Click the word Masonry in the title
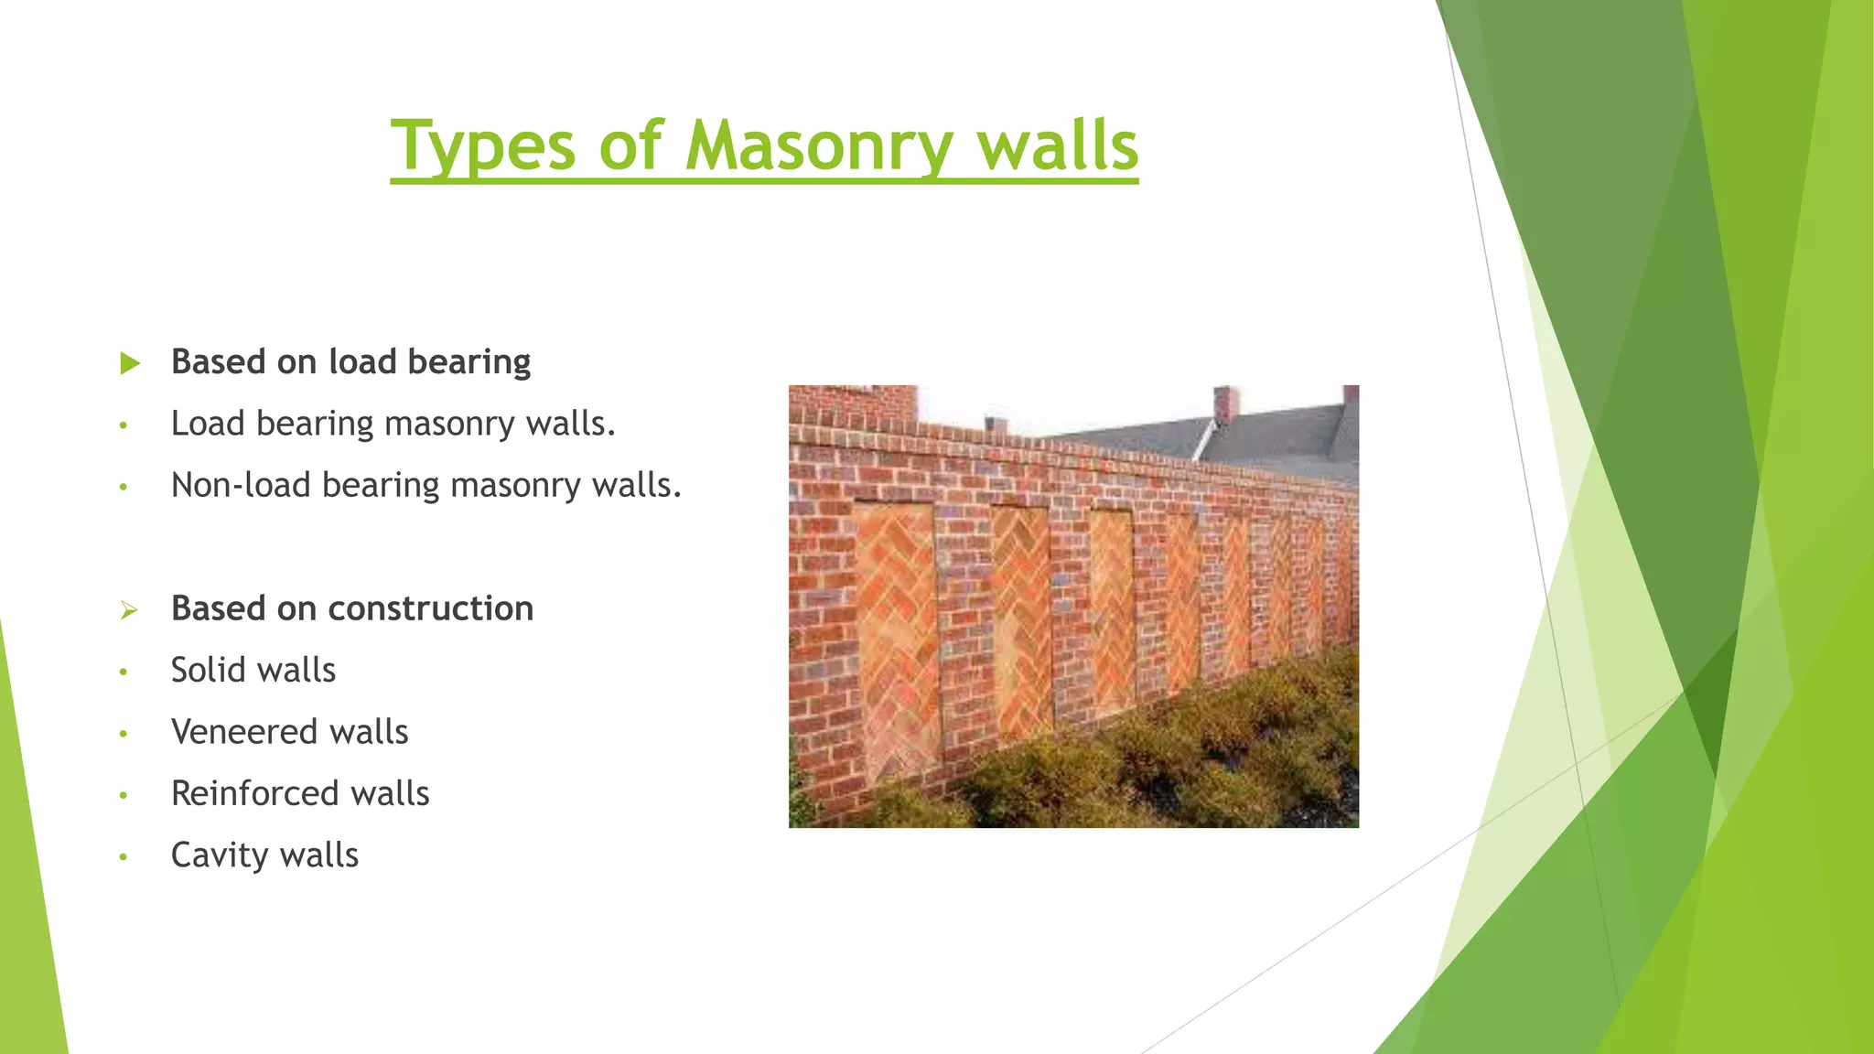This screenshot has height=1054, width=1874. pyautogui.click(x=819, y=146)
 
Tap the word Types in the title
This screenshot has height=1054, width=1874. pyautogui.click(x=483, y=146)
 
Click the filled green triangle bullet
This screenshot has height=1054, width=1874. pyautogui.click(x=130, y=363)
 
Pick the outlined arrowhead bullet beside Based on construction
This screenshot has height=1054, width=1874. pyautogui.click(x=129, y=610)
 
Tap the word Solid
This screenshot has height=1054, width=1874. pyautogui.click(x=211, y=670)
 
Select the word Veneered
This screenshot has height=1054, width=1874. pyautogui.click(x=244, y=732)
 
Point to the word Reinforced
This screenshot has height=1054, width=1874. pyautogui.click(x=254, y=793)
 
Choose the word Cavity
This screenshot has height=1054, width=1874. pyautogui.click(x=219, y=855)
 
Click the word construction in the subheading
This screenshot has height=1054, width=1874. pyautogui.click(x=430, y=608)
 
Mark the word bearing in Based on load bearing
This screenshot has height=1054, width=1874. pyautogui.click(x=468, y=362)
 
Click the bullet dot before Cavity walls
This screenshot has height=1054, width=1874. pyautogui.click(x=123, y=857)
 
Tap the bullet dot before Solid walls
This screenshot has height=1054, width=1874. pyautogui.click(x=123, y=672)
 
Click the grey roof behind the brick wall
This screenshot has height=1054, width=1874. pyautogui.click(x=1281, y=435)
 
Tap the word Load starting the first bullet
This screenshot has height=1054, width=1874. pyautogui.click(x=208, y=424)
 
